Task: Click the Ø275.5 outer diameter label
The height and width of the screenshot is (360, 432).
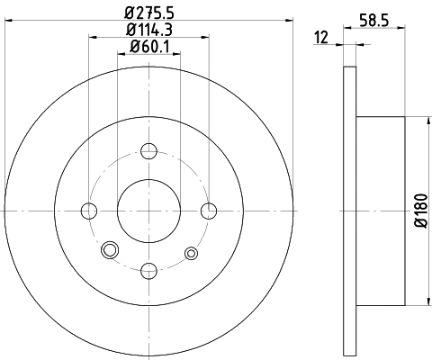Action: [149, 13]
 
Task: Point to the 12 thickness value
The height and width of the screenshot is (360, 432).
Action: [321, 38]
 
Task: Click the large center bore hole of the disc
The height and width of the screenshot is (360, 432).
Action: [149, 211]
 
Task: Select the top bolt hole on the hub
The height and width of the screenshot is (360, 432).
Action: [149, 150]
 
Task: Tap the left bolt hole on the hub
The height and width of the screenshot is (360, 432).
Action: [89, 211]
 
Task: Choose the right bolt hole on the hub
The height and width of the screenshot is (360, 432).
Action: [210, 211]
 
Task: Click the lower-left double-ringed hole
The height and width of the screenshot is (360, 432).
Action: [110, 250]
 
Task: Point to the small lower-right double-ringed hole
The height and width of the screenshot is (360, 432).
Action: [190, 253]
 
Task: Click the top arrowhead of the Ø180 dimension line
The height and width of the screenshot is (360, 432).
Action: [409, 120]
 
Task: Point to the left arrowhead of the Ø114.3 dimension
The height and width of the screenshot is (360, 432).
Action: [92, 37]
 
